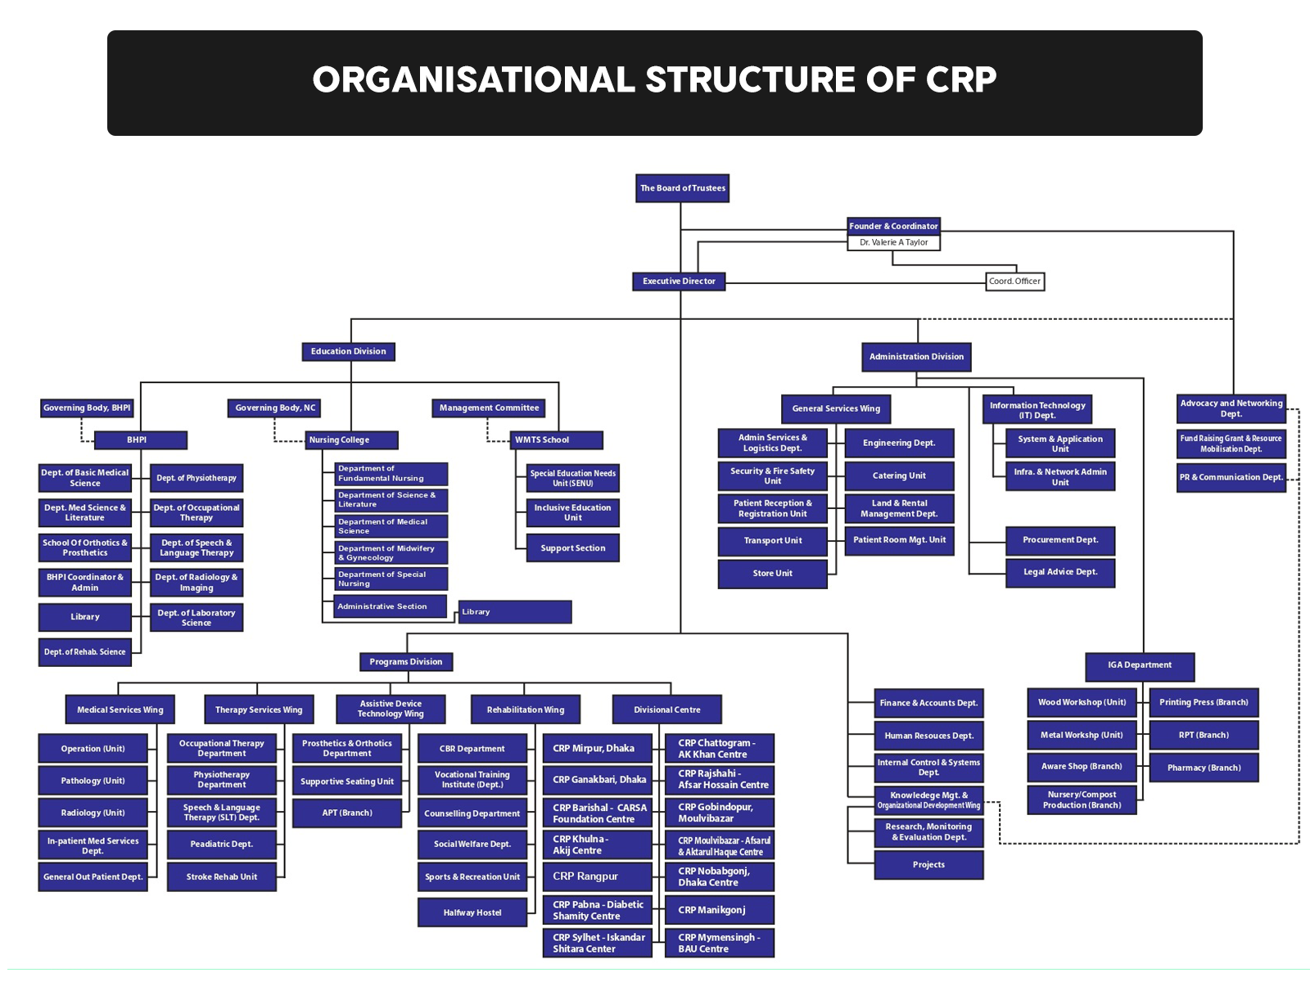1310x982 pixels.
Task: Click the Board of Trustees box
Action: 682,188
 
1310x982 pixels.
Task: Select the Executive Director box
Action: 679,282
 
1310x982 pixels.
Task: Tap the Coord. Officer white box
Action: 1014,282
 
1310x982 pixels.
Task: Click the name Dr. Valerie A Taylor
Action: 893,242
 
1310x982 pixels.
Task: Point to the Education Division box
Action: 348,352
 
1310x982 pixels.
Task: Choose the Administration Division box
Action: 916,357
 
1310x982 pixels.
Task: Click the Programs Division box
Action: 405,662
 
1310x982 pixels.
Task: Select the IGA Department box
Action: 1139,665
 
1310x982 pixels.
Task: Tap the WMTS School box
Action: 556,440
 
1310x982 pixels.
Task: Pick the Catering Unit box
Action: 899,475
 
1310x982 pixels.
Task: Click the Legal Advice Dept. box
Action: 1059,572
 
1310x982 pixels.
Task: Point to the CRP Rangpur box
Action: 597,876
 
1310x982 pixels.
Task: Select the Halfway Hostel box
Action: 472,912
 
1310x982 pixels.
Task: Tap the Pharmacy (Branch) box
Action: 1204,768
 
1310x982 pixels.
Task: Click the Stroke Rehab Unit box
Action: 221,877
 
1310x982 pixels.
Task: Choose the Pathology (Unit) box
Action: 93,781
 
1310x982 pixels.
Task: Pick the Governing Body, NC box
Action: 274,408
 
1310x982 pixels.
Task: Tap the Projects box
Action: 928,865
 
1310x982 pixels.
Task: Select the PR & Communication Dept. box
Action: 1231,477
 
